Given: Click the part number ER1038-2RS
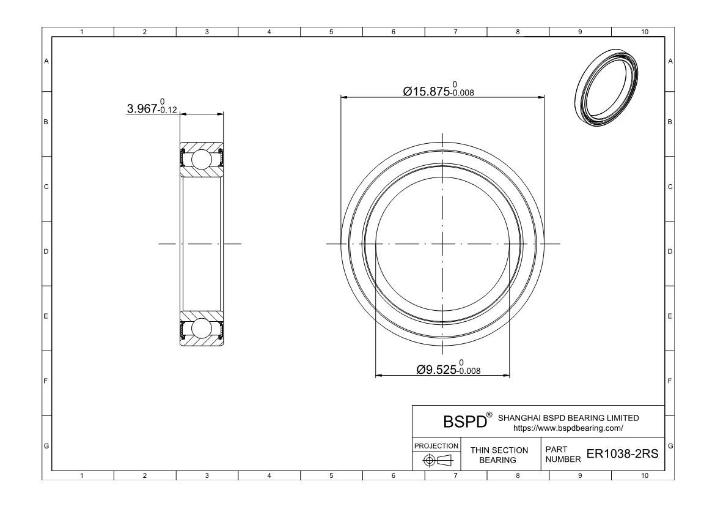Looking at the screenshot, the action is coord(622,453).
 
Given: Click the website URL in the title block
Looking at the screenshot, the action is coord(568,428).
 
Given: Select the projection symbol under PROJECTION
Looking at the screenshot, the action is coord(437,460).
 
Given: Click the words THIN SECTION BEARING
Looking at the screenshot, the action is coord(499,455).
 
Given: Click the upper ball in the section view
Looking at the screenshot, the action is coord(201,159).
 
